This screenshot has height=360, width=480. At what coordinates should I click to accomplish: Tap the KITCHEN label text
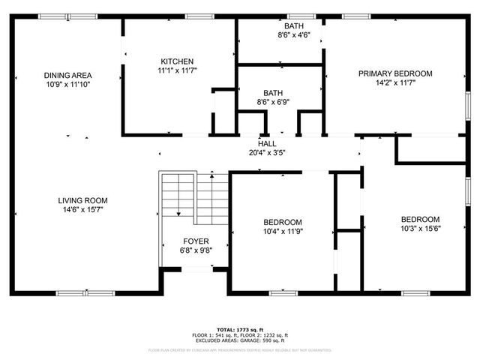click(177, 61)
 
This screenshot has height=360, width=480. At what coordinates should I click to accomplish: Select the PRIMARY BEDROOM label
click(394, 73)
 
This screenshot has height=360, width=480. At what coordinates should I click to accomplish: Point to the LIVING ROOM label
click(83, 200)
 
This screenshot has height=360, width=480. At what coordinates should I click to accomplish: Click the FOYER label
click(195, 241)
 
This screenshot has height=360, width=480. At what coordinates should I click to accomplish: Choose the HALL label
click(267, 143)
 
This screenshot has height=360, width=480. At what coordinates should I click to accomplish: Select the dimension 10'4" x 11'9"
click(282, 232)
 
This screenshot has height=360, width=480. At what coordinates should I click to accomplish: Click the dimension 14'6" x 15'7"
click(83, 210)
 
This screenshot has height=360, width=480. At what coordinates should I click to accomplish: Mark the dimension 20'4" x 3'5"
click(267, 152)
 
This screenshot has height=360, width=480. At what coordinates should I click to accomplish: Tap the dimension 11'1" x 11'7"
click(177, 70)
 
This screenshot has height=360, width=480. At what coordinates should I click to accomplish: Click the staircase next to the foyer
click(193, 196)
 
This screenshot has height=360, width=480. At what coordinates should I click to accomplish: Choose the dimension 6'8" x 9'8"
click(195, 250)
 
